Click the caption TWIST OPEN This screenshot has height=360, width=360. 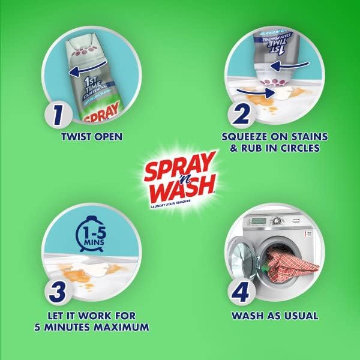coord(91,137)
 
